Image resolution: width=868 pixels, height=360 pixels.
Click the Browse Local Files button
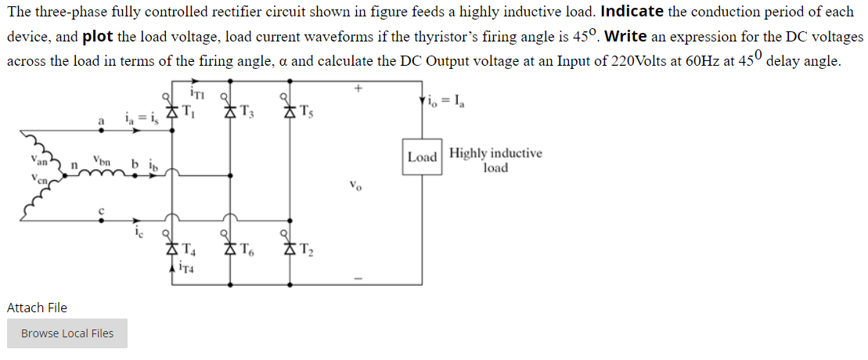click(x=67, y=333)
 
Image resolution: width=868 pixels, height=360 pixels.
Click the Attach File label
click(x=37, y=308)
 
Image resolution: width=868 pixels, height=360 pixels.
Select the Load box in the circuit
click(x=422, y=157)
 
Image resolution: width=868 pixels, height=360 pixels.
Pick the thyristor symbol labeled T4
click(x=172, y=250)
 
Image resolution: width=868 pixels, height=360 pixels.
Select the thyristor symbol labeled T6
click(x=231, y=250)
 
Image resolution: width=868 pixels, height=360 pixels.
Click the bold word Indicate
click(x=632, y=12)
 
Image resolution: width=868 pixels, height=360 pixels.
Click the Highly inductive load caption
click(x=495, y=160)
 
